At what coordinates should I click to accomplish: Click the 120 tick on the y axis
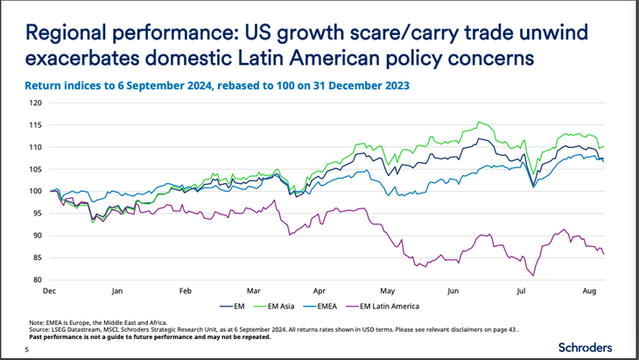pyautogui.click(x=36, y=102)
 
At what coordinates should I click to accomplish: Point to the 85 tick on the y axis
pyautogui.click(x=38, y=258)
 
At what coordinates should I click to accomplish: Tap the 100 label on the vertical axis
pyautogui.click(x=36, y=191)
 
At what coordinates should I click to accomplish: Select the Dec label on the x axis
pyautogui.click(x=51, y=288)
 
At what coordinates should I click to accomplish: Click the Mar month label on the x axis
pyautogui.click(x=253, y=288)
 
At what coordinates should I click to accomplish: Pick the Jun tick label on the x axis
pyautogui.click(x=453, y=288)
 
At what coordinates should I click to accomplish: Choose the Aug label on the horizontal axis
pyautogui.click(x=589, y=288)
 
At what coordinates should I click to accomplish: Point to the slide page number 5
pyautogui.click(x=26, y=350)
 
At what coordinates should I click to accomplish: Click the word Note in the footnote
pyautogui.click(x=37, y=323)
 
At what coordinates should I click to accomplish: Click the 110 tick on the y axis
pyautogui.click(x=36, y=147)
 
